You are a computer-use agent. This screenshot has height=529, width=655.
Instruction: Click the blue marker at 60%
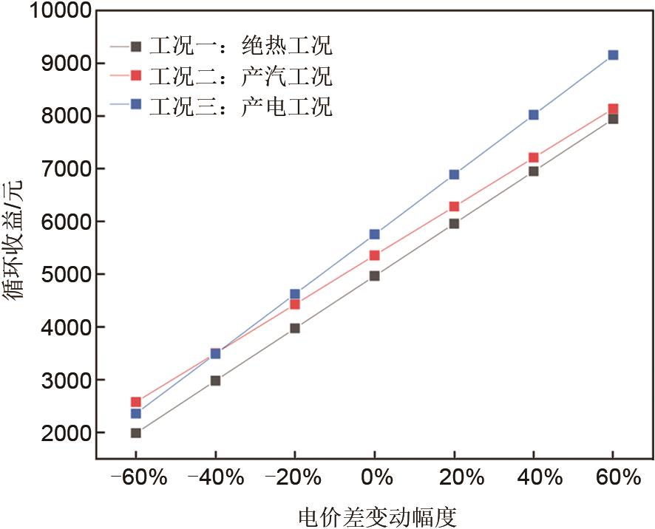click(613, 55)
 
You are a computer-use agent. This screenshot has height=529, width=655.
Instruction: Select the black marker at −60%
click(135, 433)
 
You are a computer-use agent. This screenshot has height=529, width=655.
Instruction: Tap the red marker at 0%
click(374, 256)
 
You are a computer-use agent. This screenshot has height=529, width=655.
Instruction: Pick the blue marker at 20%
click(454, 174)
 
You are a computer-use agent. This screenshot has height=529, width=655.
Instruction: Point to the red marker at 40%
click(533, 157)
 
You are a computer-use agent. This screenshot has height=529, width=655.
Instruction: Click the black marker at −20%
click(294, 328)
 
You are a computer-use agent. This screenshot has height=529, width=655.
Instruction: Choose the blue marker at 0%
click(374, 234)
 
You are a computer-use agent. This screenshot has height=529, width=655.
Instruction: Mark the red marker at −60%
click(135, 402)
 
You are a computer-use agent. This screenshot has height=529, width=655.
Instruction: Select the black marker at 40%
click(533, 171)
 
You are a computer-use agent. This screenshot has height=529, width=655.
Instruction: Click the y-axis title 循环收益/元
click(16, 240)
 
